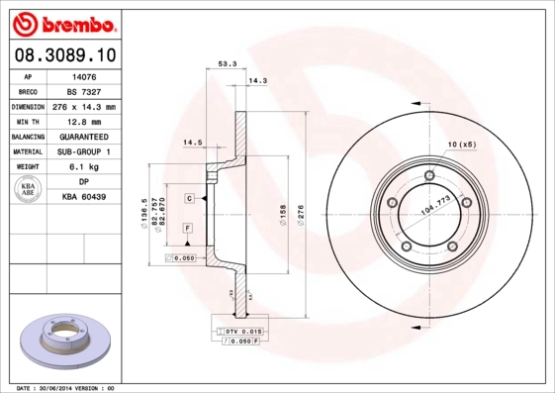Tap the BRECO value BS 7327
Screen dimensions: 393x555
click(x=84, y=90)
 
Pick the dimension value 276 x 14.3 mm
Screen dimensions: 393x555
click(x=84, y=106)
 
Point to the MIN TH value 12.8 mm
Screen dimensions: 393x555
click(x=84, y=121)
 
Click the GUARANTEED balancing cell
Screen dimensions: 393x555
click(x=84, y=137)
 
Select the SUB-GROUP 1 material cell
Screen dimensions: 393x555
click(x=84, y=151)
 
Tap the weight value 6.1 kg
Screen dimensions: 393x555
click(x=84, y=167)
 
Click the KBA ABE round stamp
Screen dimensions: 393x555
click(x=28, y=190)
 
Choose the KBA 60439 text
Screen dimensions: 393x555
click(x=84, y=198)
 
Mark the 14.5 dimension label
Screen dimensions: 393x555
click(x=193, y=145)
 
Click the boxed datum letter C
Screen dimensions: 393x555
click(x=188, y=199)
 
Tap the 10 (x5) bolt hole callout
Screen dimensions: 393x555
click(x=461, y=145)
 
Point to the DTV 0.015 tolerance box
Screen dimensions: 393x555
click(x=236, y=331)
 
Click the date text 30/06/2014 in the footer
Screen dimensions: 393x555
click(x=68, y=387)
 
